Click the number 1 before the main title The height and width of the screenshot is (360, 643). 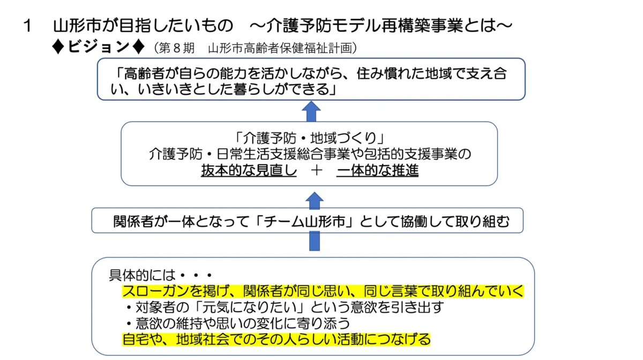pyautogui.click(x=28, y=26)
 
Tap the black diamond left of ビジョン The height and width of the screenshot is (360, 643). pyautogui.click(x=58, y=47)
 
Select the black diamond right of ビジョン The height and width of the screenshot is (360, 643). pyautogui.click(x=139, y=47)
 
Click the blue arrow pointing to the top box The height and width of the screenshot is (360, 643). pyautogui.click(x=311, y=111)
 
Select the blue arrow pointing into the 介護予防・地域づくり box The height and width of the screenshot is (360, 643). pyautogui.click(x=315, y=200)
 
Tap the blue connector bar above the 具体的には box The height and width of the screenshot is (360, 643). pyautogui.click(x=315, y=241)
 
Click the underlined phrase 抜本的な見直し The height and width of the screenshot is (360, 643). pyautogui.click(x=249, y=170)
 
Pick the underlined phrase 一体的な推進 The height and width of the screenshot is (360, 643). pyautogui.click(x=377, y=170)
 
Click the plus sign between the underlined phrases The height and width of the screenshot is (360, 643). pyautogui.click(x=316, y=170)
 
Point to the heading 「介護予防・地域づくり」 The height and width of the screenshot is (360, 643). pyautogui.click(x=310, y=138)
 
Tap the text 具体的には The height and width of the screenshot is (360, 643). pyautogui.click(x=142, y=275)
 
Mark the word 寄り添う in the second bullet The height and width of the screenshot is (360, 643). pyautogui.click(x=323, y=324)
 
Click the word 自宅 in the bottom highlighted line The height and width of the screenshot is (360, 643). pyautogui.click(x=136, y=339)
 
